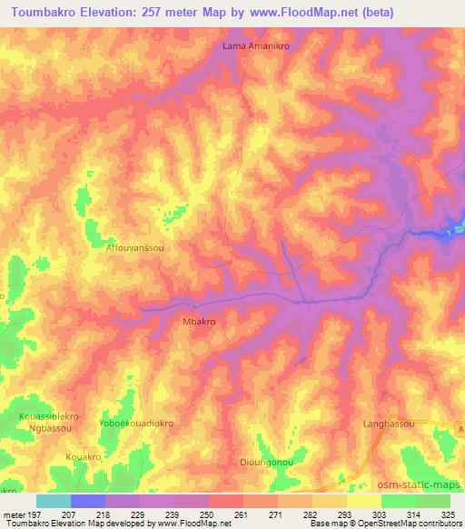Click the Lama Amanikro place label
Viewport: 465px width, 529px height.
(x=255, y=45)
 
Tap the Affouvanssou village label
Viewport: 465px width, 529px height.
(x=134, y=246)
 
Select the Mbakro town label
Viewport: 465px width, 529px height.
(x=204, y=322)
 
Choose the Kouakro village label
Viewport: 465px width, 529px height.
(x=84, y=455)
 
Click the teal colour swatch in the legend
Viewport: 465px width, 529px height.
(x=53, y=501)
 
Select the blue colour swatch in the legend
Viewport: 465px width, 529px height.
(x=87, y=501)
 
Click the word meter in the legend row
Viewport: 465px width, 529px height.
(x=14, y=514)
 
